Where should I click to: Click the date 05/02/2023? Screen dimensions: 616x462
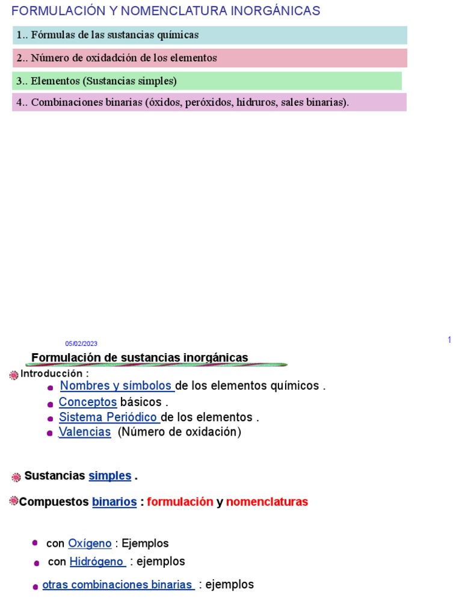(81, 343)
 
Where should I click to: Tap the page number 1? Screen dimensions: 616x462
(449, 340)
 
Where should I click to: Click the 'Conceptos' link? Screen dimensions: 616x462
(88, 402)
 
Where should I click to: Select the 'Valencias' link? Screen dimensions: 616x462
(85, 432)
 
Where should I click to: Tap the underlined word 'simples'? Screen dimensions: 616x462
(110, 476)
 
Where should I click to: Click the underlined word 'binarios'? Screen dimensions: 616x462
(114, 502)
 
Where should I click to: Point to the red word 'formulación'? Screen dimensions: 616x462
(180, 502)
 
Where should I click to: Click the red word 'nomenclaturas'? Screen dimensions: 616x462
(267, 502)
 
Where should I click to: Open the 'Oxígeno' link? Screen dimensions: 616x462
(90, 543)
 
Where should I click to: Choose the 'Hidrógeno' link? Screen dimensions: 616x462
(97, 561)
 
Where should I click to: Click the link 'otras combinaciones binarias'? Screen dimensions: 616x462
(118, 585)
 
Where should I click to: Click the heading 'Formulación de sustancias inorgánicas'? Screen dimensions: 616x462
(140, 358)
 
